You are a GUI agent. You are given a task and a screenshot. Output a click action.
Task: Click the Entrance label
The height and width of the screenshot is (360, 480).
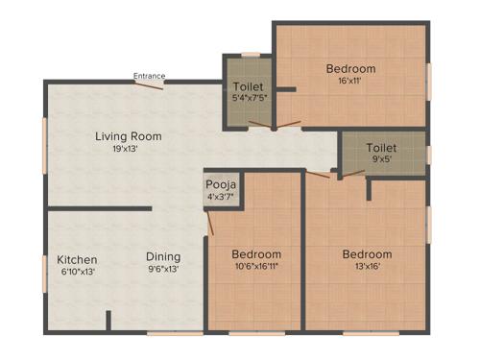click(x=149, y=76)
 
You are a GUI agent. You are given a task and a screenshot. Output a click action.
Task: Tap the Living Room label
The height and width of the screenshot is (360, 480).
click(x=128, y=136)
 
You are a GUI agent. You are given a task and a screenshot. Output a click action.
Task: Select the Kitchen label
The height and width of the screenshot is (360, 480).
click(x=75, y=259)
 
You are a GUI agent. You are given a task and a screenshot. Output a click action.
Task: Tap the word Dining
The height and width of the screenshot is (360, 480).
click(x=163, y=256)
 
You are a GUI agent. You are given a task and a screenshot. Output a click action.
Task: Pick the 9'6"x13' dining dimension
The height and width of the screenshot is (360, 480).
click(x=163, y=269)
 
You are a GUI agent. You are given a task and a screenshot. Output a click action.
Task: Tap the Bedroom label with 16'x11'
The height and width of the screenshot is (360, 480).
click(x=350, y=68)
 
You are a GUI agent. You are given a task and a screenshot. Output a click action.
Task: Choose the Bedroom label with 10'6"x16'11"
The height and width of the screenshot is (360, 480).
click(x=256, y=253)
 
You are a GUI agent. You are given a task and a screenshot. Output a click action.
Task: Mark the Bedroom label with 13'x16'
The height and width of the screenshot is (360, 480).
click(x=368, y=253)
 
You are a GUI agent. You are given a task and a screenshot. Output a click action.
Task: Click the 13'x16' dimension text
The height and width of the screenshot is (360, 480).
click(x=368, y=267)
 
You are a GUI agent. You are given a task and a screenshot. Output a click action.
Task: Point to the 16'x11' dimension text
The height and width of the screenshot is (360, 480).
click(x=350, y=82)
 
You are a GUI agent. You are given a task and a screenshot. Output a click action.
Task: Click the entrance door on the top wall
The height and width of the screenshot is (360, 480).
click(x=149, y=84)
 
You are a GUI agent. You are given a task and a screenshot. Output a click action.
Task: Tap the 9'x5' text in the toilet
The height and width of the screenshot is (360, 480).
click(x=381, y=160)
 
